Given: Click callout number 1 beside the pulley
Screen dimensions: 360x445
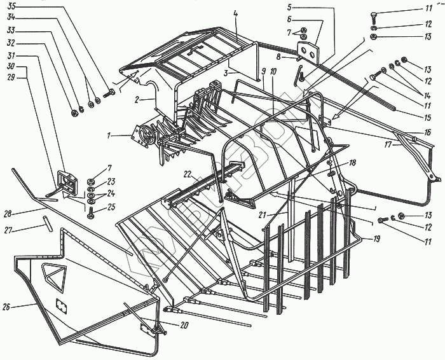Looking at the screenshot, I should click(110, 135).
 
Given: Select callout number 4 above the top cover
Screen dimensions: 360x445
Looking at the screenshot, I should click(235, 13).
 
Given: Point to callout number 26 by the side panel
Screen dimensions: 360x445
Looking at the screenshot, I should click(6, 307).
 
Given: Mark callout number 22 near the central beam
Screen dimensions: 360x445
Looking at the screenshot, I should click(187, 174).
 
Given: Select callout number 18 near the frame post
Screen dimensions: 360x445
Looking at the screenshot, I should click(352, 163).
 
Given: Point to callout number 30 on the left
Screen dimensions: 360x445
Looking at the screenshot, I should click(11, 66).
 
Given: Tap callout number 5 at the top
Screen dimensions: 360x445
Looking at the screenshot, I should click(289, 8).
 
